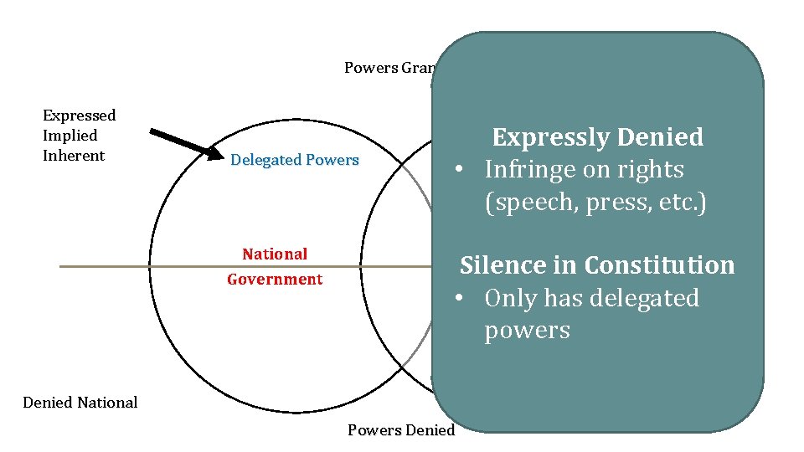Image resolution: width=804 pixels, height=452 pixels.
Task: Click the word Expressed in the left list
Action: click(79, 116)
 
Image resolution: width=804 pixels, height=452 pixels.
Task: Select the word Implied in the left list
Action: click(70, 136)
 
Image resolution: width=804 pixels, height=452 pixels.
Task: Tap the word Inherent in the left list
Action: click(74, 156)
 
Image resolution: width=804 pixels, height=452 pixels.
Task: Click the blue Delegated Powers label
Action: click(294, 160)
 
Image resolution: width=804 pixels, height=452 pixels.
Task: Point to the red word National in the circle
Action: click(275, 254)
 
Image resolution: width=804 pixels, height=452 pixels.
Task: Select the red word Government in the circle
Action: click(275, 280)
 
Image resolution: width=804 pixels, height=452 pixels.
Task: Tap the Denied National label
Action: click(80, 403)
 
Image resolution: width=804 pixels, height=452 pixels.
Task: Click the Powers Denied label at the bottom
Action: click(401, 430)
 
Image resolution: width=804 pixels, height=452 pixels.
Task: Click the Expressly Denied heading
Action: click(597, 137)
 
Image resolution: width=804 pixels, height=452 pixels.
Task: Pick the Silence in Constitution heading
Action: click(597, 265)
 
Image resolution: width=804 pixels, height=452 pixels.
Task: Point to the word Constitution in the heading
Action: click(659, 265)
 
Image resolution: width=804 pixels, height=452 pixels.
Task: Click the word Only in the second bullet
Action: click(510, 298)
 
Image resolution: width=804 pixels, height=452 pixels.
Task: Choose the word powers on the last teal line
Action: click(527, 331)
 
